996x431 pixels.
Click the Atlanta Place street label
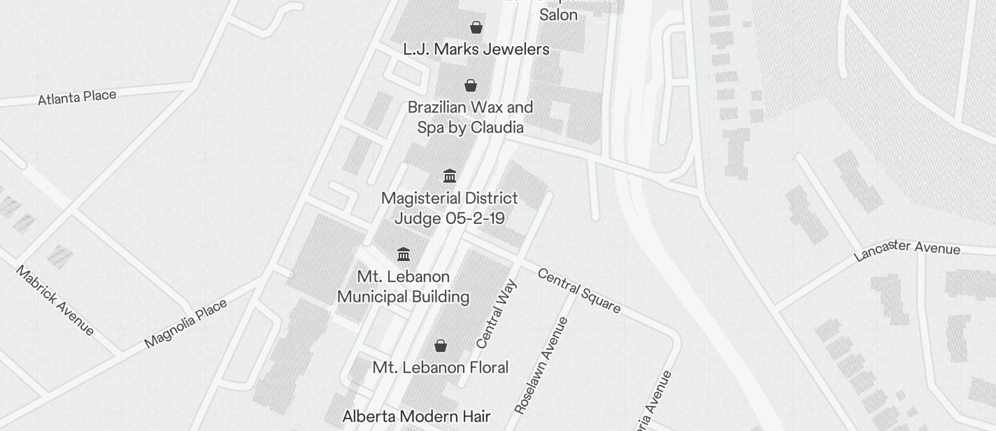tap(77, 97)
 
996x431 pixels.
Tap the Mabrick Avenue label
tap(55, 300)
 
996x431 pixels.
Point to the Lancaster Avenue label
tap(906, 250)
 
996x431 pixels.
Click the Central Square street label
tap(578, 290)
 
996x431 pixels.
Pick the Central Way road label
tap(497, 313)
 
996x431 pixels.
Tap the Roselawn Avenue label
tap(541, 365)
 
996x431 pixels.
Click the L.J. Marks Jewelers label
tap(476, 49)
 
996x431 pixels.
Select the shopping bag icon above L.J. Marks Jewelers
tap(476, 27)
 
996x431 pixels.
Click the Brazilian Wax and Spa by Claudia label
tap(470, 118)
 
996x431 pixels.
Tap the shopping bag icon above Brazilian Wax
tap(471, 85)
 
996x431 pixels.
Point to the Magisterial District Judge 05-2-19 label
tap(450, 209)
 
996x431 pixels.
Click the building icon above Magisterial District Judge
tap(450, 176)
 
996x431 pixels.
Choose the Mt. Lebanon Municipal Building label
tap(403, 287)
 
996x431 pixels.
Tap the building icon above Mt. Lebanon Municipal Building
tap(404, 254)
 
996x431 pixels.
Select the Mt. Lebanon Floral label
tap(441, 367)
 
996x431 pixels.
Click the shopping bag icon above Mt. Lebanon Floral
tap(441, 346)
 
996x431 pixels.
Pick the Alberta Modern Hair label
tap(416, 417)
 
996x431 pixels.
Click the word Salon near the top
tap(558, 15)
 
